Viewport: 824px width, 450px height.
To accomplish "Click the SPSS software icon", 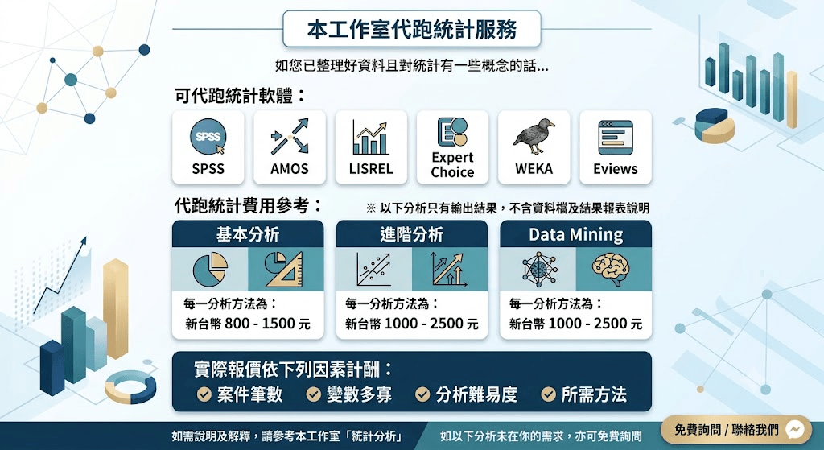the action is point(208,137).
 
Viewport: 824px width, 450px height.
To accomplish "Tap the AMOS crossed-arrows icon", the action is point(290,137).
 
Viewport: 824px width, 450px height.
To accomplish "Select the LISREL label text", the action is point(371,169).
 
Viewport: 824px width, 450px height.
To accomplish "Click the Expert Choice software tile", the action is point(452,147).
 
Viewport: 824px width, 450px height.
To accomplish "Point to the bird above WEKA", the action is point(534,136).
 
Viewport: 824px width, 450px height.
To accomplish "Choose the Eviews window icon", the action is point(616,137).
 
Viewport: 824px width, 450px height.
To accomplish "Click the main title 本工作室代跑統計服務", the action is point(412,29).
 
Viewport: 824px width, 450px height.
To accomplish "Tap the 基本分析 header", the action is point(248,234).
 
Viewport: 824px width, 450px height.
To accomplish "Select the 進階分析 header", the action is point(412,234).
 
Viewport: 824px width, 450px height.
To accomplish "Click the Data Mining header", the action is point(576,234).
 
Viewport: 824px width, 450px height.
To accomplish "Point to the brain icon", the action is point(610,269).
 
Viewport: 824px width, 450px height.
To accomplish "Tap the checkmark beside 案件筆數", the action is point(204,394).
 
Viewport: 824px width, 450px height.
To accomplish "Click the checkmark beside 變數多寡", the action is point(313,394).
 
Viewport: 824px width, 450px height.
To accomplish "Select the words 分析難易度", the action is point(476,394).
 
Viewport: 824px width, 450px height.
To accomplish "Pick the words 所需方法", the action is point(594,394).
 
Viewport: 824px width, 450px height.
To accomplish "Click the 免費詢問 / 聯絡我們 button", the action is point(740,430).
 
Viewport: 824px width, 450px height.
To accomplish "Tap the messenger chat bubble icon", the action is point(796,430).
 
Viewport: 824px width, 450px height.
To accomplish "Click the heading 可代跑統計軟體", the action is point(240,97).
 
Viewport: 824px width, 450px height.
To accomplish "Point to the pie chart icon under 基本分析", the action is point(210,269).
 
